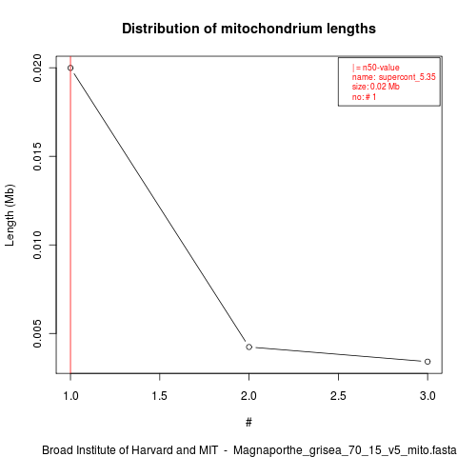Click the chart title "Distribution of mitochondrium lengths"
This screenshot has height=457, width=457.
tap(248, 29)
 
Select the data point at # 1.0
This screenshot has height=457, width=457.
tap(70, 68)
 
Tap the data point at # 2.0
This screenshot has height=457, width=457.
tap(249, 347)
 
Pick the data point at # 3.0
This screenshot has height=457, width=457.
tap(427, 362)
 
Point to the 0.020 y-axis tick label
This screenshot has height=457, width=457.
tap(37, 68)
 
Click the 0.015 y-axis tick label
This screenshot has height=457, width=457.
tap(37, 156)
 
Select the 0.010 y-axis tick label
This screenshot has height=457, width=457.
tap(37, 245)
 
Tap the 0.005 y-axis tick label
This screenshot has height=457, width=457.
tap(37, 333)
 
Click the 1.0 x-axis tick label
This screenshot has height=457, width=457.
tap(70, 396)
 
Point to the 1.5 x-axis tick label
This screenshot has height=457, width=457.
tap(160, 396)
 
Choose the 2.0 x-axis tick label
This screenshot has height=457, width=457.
tap(249, 396)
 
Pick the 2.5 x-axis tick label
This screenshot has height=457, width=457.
tap(338, 396)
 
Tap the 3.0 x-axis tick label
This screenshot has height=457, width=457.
tap(427, 396)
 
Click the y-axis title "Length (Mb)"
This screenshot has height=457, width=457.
tap(10, 215)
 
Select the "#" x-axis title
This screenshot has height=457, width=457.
tap(248, 423)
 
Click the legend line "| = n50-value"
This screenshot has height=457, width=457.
tap(376, 68)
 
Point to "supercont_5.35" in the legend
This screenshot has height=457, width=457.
tap(407, 77)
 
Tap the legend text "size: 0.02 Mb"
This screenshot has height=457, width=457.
tap(376, 87)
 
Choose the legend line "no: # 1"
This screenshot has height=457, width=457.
tap(364, 97)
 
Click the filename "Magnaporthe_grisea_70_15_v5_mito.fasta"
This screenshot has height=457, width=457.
tap(345, 450)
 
